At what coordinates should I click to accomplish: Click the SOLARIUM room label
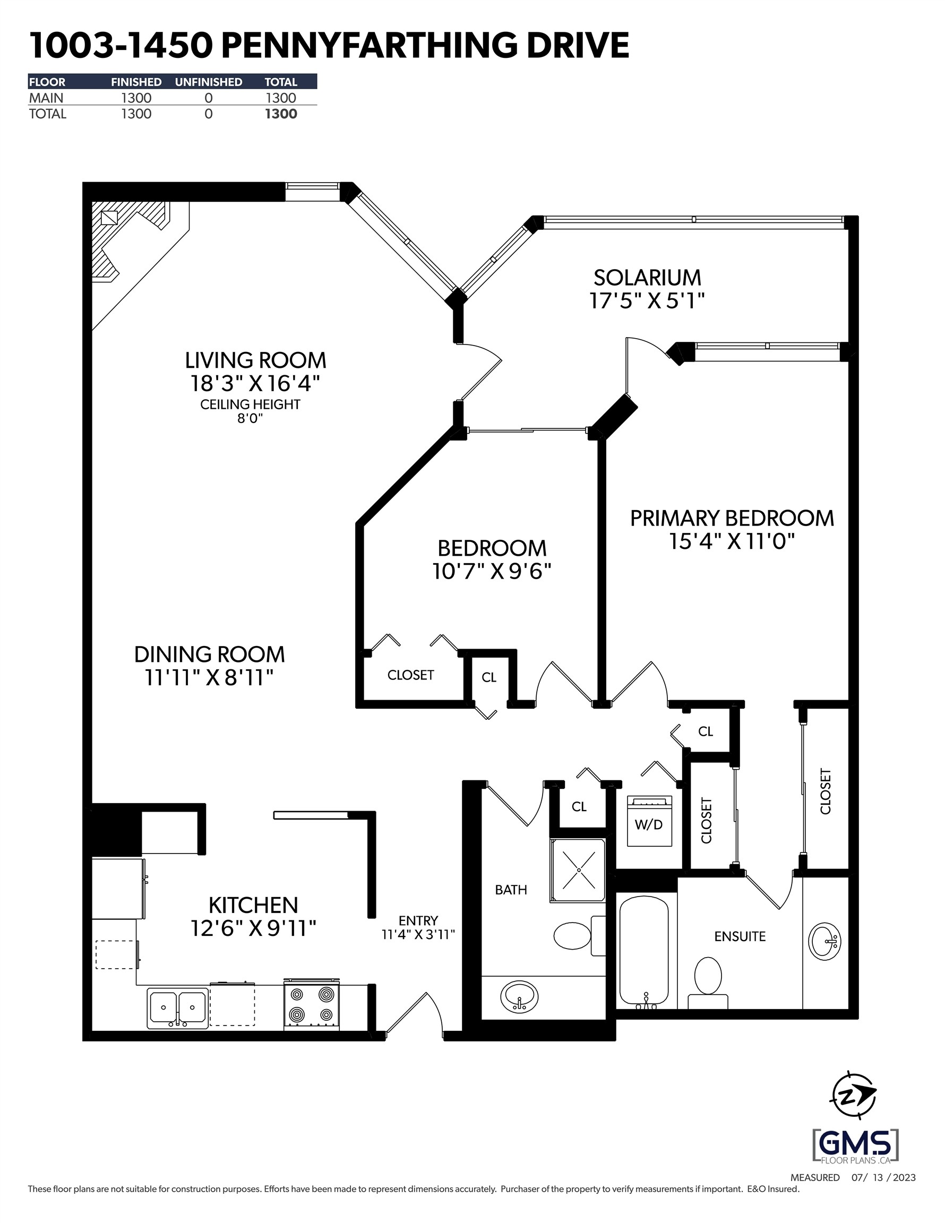click(x=647, y=278)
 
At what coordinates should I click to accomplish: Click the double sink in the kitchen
click(x=177, y=1008)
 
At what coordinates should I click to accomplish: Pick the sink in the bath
click(x=519, y=997)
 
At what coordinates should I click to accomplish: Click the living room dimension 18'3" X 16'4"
click(x=255, y=384)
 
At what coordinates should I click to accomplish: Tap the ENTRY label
click(x=418, y=920)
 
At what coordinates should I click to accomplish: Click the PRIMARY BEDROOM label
click(x=732, y=518)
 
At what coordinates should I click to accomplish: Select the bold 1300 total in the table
click(x=281, y=114)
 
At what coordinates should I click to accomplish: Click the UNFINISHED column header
click(x=209, y=82)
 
